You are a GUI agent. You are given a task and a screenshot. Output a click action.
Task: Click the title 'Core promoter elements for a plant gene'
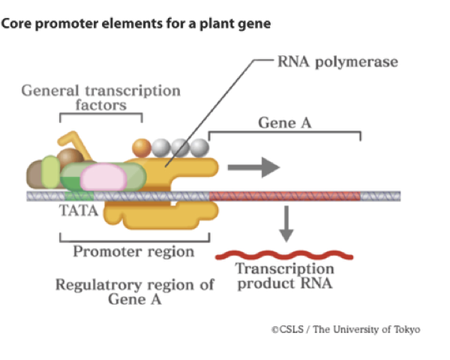coord(136,23)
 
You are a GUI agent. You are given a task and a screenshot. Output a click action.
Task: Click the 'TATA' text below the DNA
coord(79,211)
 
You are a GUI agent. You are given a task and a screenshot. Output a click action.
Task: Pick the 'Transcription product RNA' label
coord(285,276)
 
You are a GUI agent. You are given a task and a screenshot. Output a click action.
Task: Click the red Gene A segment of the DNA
coord(285,196)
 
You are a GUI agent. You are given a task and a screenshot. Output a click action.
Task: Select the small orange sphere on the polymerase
coord(141,148)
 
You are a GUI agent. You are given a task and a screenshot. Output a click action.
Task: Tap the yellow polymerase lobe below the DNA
coord(157,216)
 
